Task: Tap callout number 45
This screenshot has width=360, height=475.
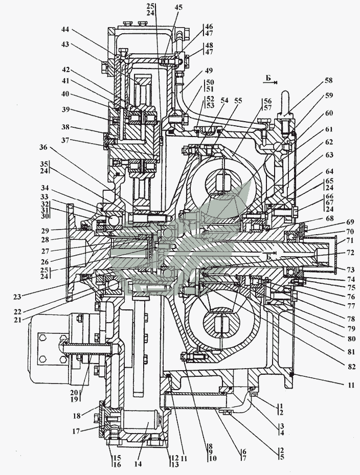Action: pyautogui.click(x=177, y=7)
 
